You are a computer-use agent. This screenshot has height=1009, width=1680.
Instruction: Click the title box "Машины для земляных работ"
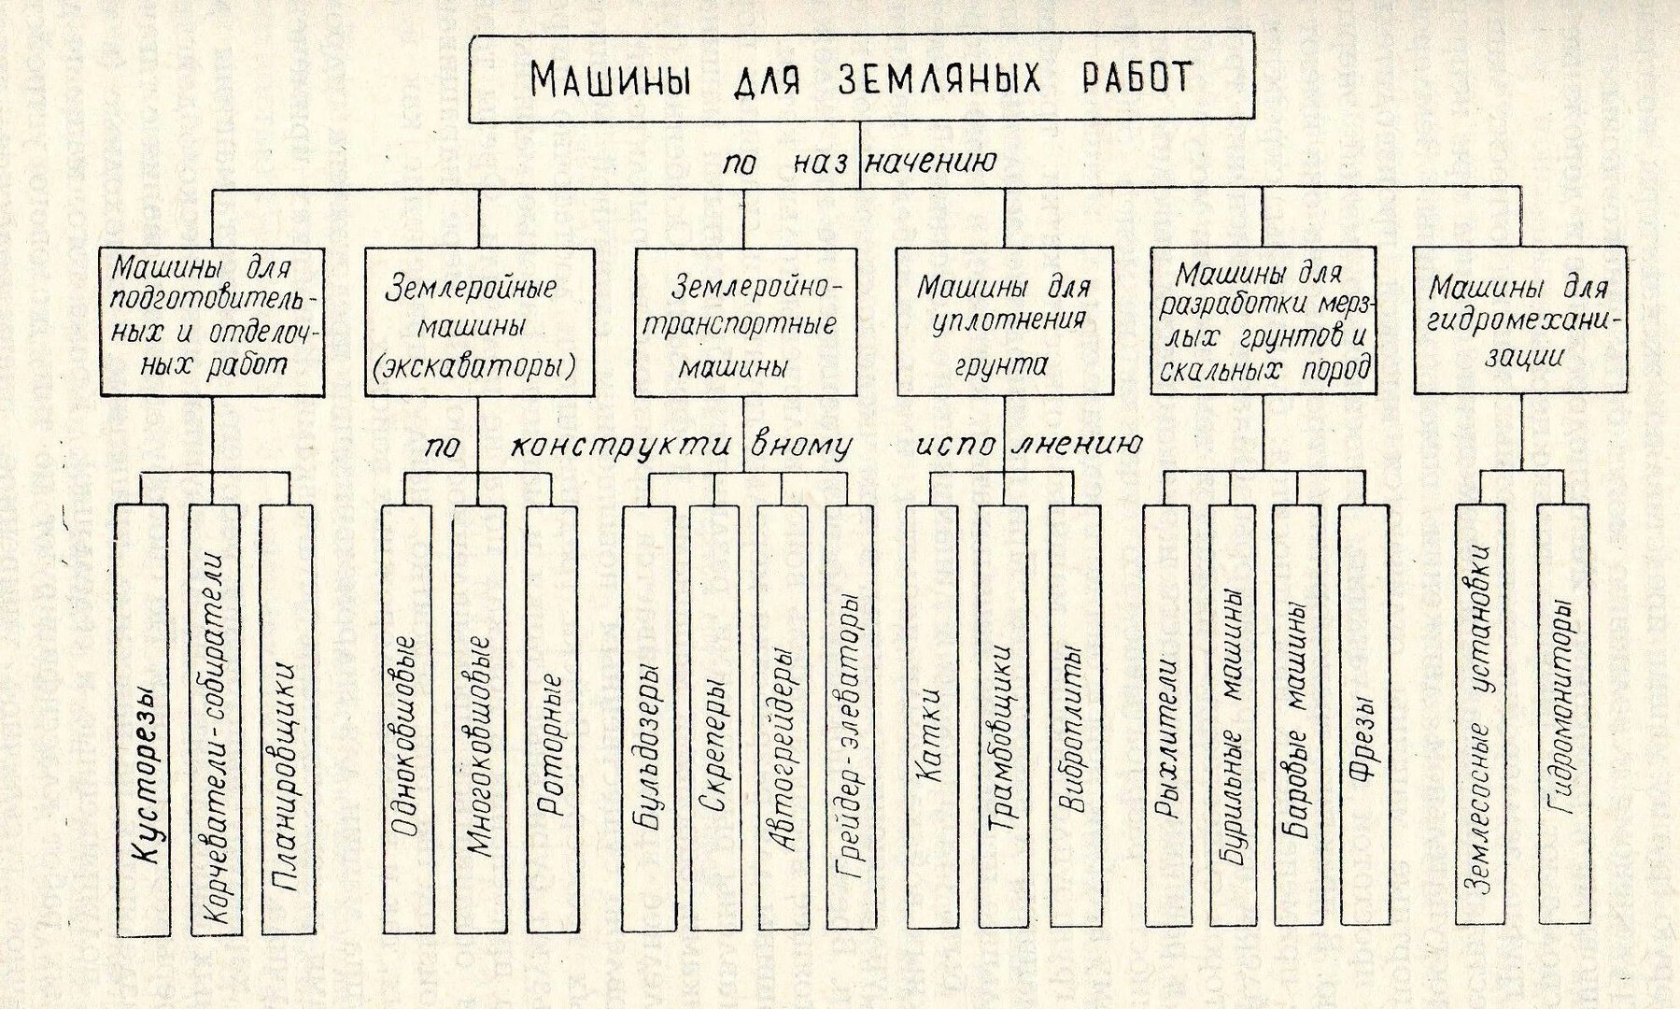(x=859, y=79)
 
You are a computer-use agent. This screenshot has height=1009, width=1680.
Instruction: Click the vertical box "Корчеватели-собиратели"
(x=216, y=720)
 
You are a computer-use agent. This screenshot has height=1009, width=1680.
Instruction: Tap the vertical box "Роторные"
(x=552, y=720)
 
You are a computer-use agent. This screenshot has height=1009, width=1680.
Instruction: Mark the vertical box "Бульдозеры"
(x=648, y=718)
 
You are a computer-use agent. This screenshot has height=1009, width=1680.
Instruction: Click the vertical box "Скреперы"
(x=715, y=718)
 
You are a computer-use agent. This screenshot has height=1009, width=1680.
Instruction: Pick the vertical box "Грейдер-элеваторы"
(x=851, y=718)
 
